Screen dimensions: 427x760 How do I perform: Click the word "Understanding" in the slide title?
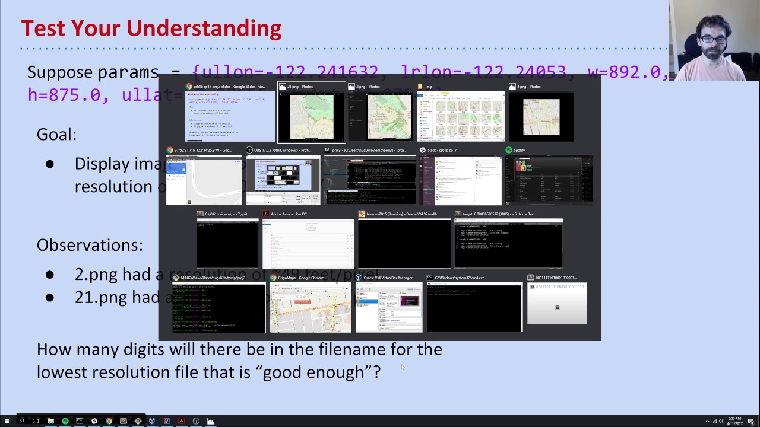pyautogui.click(x=204, y=28)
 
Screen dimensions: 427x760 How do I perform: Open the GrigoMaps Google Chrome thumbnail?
pyautogui.click(x=310, y=307)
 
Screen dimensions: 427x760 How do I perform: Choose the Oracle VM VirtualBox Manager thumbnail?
pyautogui.click(x=389, y=307)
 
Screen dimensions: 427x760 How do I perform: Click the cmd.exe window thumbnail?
pyautogui.click(x=474, y=307)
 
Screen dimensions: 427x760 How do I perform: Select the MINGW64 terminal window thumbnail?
pyautogui.click(x=218, y=307)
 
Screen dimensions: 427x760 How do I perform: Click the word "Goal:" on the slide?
pyautogui.click(x=56, y=135)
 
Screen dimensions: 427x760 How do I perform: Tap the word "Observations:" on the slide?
pyautogui.click(x=90, y=245)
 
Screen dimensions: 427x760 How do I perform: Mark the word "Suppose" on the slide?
pyautogui.click(x=60, y=72)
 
